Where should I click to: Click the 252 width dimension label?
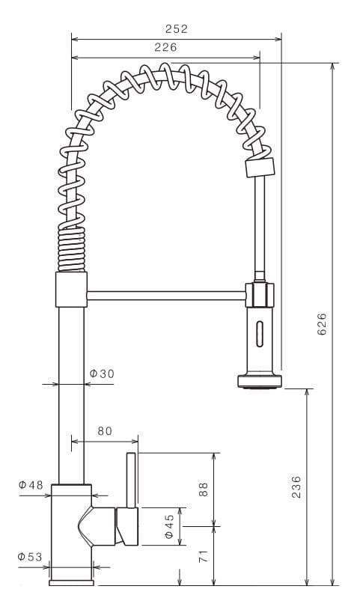coord(176,29)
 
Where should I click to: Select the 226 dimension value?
coord(165,46)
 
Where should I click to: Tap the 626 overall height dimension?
coord(323,323)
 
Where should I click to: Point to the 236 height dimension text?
coord(296,486)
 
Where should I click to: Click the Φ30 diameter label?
coord(101,373)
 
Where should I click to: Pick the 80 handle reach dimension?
coord(104,431)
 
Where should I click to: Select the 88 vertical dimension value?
coord(203,489)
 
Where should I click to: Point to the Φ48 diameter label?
coord(31,485)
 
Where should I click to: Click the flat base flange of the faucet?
coord(71,582)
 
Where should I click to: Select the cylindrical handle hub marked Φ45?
coord(128,527)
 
